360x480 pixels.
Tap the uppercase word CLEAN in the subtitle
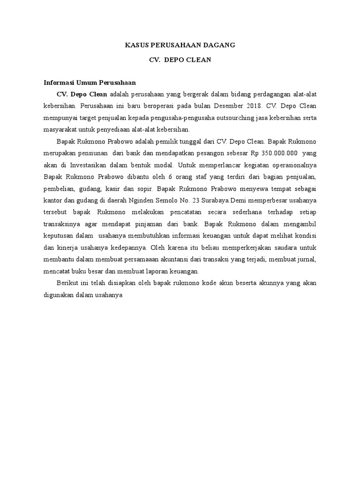tap(198, 60)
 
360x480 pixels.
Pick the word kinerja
tap(67, 247)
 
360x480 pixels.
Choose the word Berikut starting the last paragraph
tap(68, 284)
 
